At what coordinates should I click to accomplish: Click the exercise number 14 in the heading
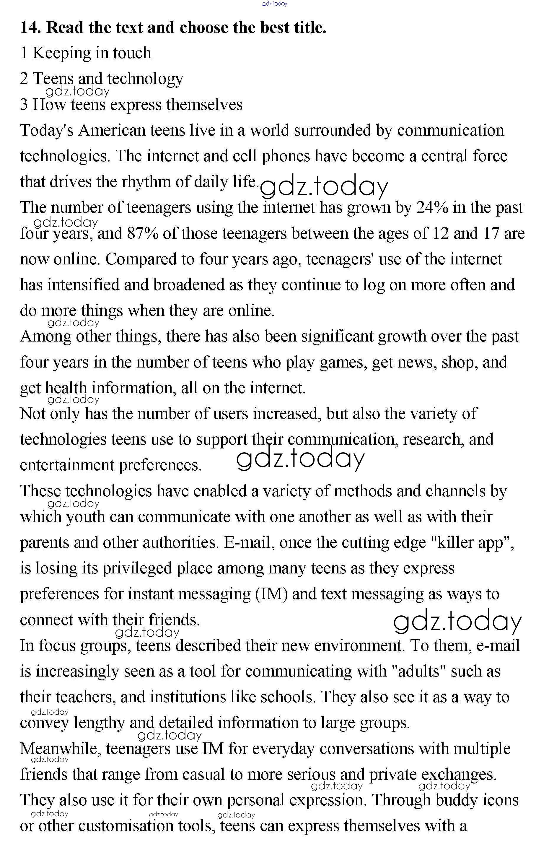(30, 28)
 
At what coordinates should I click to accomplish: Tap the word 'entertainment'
(67, 465)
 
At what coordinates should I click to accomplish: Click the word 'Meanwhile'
(60, 749)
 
